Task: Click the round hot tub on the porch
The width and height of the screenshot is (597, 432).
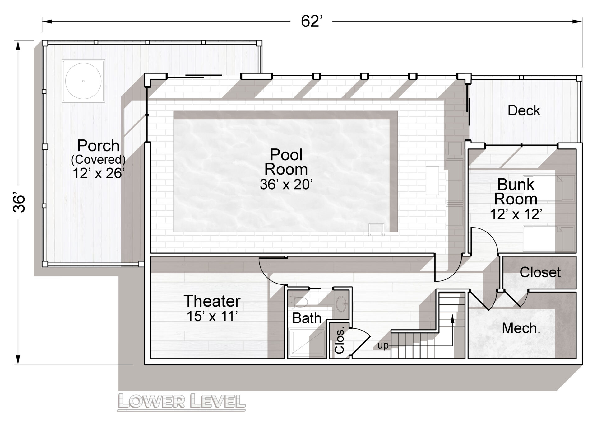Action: pyautogui.click(x=83, y=81)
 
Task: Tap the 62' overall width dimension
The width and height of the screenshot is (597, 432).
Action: pyautogui.click(x=311, y=21)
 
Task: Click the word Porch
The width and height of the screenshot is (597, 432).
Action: pyautogui.click(x=98, y=145)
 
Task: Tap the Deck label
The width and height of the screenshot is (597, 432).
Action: pyautogui.click(x=524, y=110)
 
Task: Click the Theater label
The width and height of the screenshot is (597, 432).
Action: pyautogui.click(x=212, y=301)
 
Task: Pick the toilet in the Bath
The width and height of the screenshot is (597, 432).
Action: pyautogui.click(x=298, y=301)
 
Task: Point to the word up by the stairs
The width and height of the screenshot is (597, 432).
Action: pyautogui.click(x=383, y=346)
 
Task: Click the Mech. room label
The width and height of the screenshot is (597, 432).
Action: pyautogui.click(x=521, y=328)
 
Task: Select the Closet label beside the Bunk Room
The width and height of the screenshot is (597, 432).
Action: pyautogui.click(x=540, y=272)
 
